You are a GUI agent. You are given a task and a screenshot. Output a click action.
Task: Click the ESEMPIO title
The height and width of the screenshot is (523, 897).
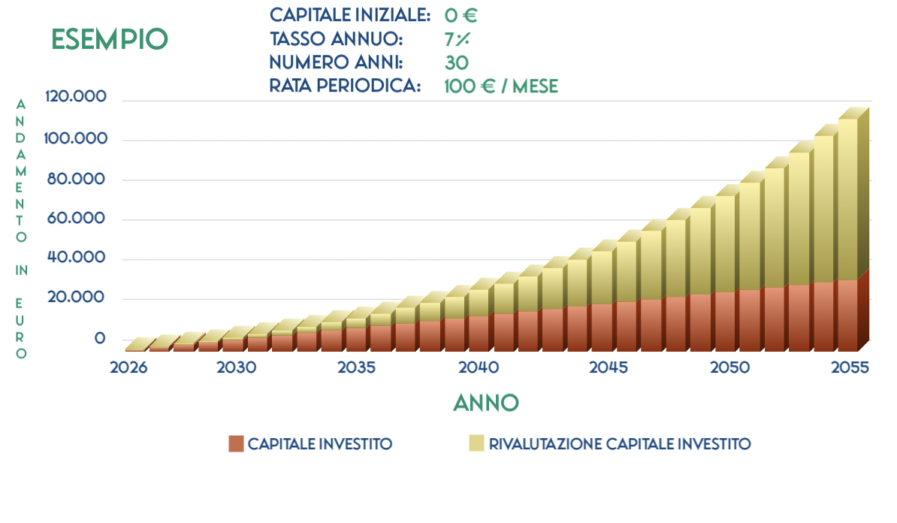(x=110, y=39)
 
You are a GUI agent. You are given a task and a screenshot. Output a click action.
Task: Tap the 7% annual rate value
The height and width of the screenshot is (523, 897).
(x=457, y=39)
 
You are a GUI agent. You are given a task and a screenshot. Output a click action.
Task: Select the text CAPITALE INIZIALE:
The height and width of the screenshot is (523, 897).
(x=350, y=15)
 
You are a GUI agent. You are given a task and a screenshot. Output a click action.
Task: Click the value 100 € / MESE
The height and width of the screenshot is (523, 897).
(x=501, y=86)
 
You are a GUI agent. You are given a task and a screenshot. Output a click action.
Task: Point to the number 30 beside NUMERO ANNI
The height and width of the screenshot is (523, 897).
(x=457, y=62)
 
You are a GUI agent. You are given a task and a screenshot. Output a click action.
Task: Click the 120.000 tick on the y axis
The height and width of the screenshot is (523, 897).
(x=76, y=98)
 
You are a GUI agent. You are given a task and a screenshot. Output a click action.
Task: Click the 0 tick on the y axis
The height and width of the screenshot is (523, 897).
(x=100, y=339)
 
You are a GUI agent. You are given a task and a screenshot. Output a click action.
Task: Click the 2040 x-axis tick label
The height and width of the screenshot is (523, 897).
(x=479, y=368)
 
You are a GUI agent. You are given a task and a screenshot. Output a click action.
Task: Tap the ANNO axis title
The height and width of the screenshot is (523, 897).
(x=486, y=403)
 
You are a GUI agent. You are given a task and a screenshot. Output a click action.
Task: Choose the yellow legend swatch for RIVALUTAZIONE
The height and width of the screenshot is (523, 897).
(x=476, y=443)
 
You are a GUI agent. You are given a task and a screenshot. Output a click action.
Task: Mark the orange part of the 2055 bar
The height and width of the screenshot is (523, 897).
(x=847, y=316)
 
